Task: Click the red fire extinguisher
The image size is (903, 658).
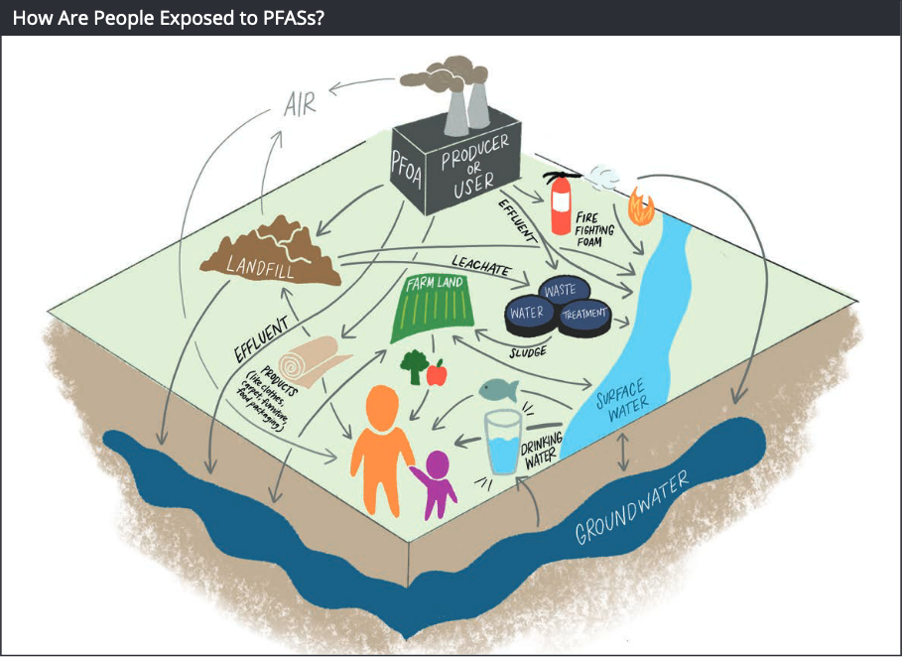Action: tap(562, 205)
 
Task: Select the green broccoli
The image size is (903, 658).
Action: tap(412, 365)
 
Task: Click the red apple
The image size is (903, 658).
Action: tap(437, 373)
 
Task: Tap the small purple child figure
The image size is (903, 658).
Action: tap(437, 484)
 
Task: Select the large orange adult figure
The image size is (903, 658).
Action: tap(383, 448)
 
